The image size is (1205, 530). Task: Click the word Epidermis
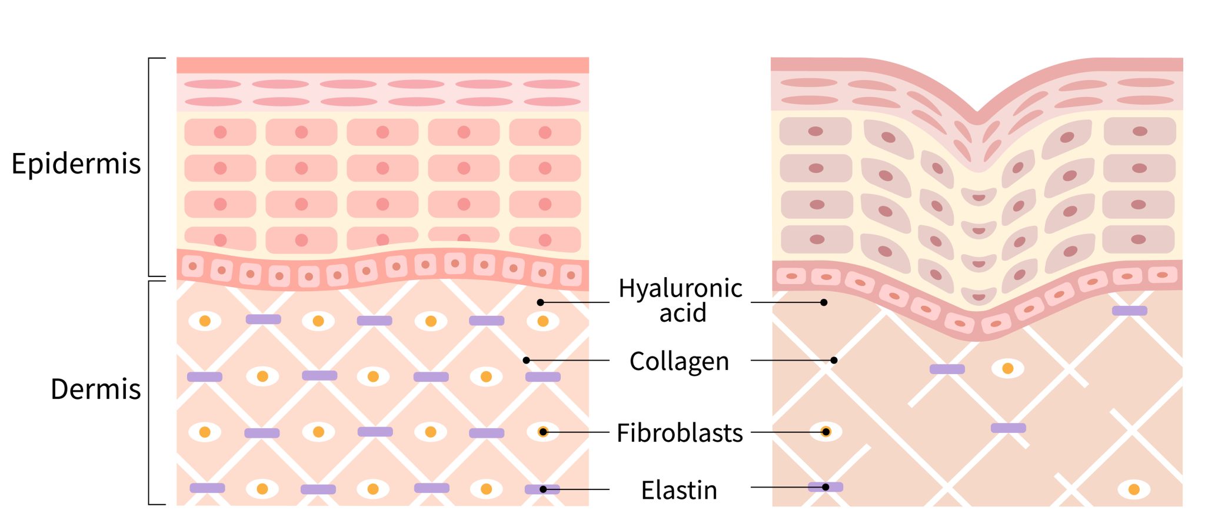76,164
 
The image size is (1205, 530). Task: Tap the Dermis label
95,389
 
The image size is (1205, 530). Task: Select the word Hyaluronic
680,289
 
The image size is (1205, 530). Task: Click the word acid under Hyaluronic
683,313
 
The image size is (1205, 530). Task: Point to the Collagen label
679,361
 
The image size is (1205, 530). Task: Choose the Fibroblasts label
680,433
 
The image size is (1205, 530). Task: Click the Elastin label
679,490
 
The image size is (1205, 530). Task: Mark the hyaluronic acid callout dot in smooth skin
540,302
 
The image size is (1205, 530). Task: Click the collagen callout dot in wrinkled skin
834,360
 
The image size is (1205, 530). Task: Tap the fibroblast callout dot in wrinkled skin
825,432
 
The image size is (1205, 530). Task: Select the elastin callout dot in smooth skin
542,489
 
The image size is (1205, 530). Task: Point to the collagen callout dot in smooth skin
526,360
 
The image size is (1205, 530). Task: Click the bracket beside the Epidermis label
149,167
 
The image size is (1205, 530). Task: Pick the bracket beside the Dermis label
149,393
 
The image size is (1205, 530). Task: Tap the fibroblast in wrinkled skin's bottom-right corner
1134,489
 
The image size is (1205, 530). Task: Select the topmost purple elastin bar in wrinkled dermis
1129,311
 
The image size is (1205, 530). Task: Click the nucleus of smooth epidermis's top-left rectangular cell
220,132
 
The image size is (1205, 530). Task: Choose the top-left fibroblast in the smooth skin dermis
205,321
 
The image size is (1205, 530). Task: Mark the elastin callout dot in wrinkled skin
825,487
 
